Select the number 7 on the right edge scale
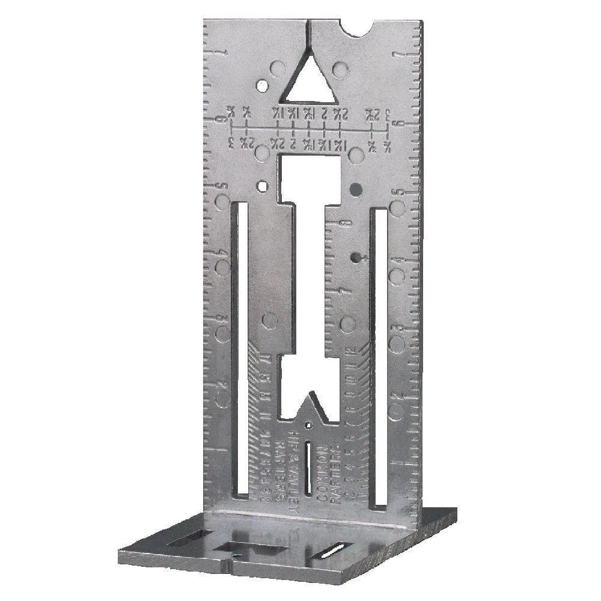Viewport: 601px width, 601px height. (397, 56)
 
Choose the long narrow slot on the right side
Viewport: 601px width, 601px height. (380, 355)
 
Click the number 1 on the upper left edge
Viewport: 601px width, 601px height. (224, 53)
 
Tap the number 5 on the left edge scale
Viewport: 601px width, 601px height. (221, 187)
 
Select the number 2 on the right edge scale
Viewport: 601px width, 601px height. (396, 397)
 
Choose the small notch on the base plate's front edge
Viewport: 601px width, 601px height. (231, 565)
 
